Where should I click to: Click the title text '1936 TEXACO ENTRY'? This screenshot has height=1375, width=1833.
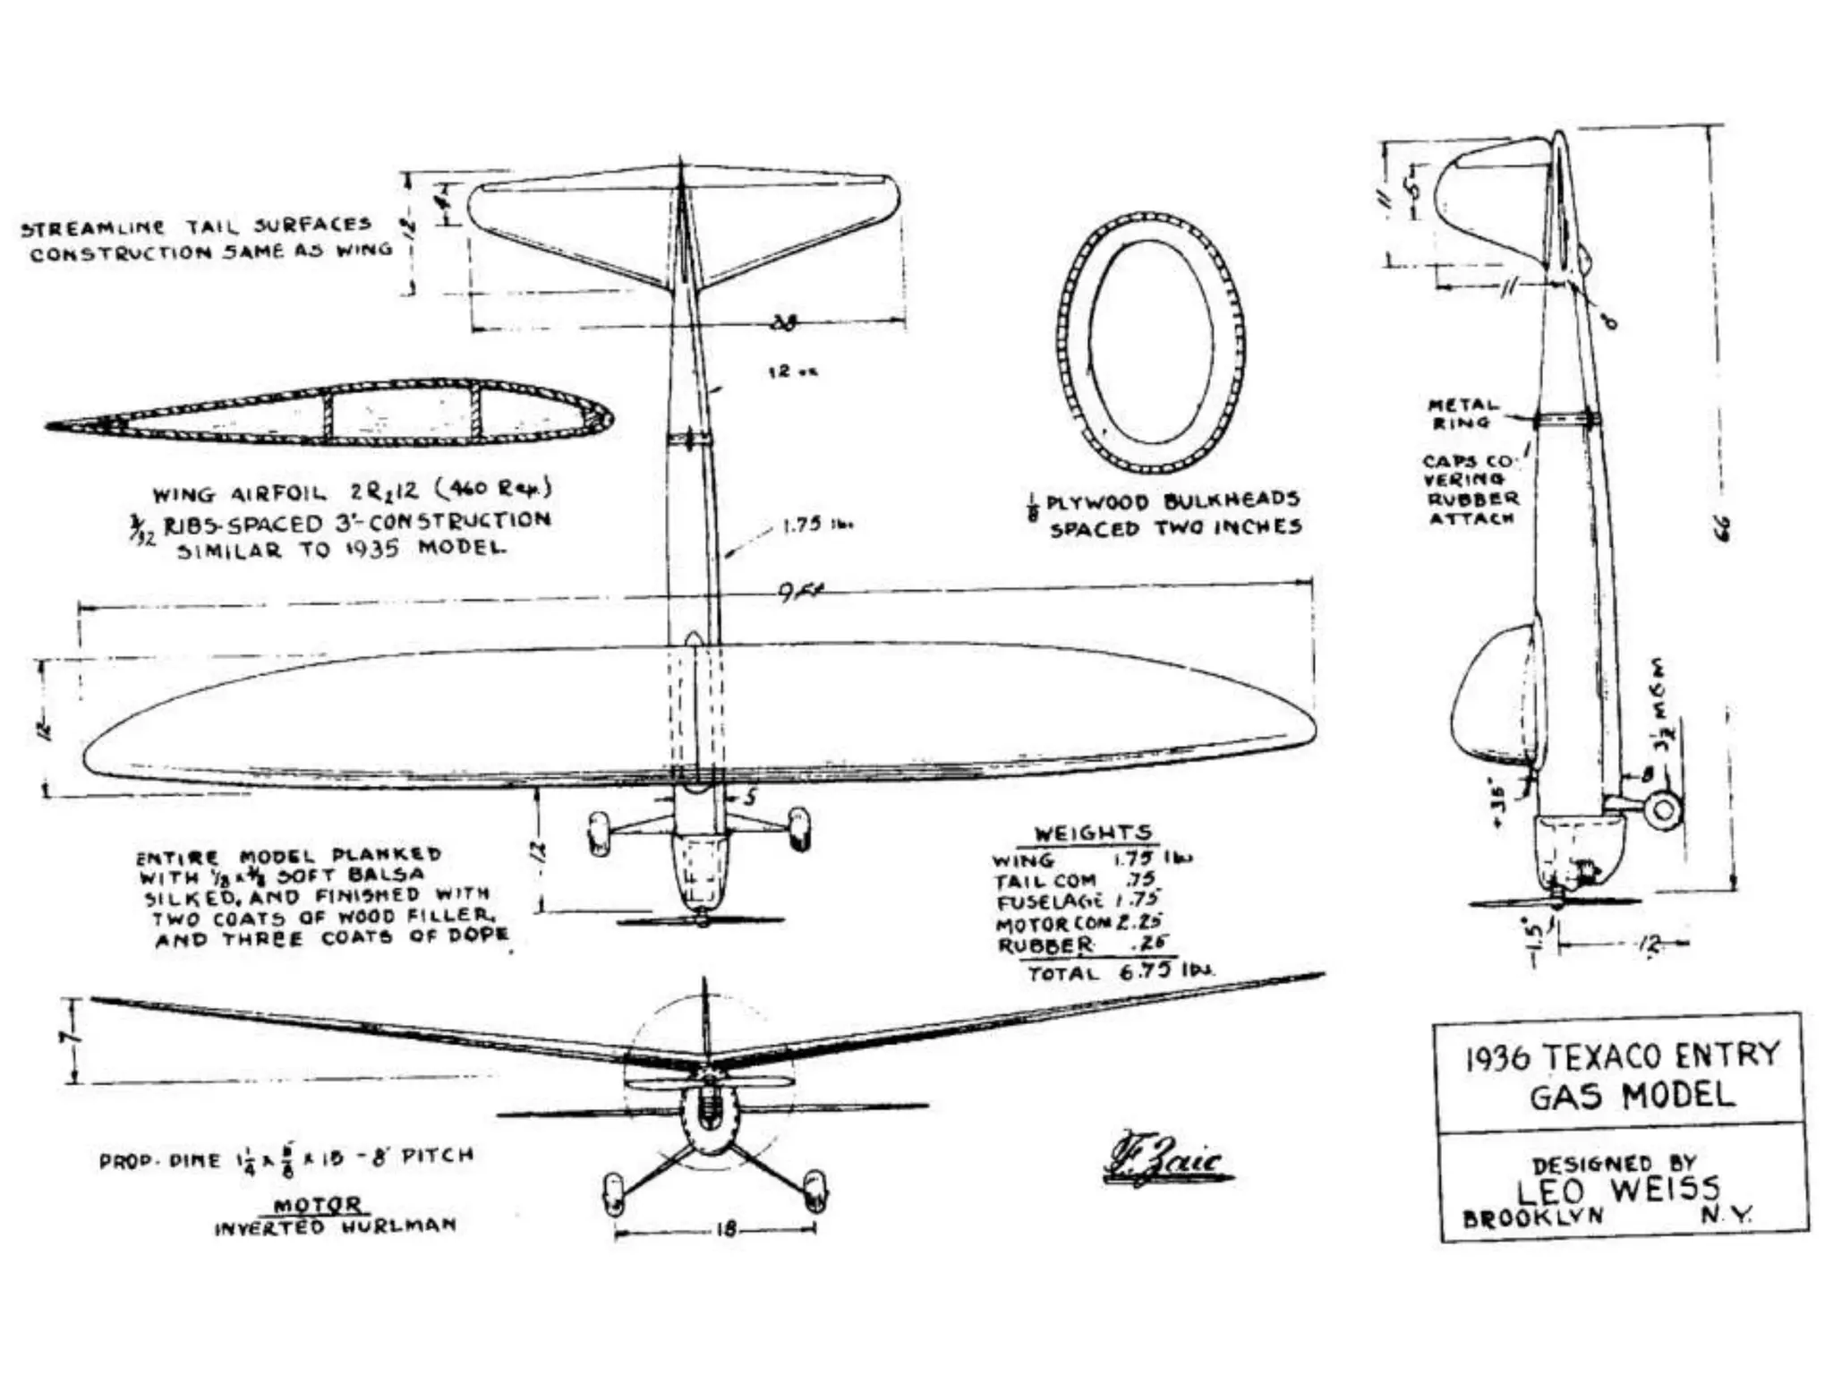(1621, 1056)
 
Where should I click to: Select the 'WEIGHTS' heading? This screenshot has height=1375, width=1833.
(1093, 833)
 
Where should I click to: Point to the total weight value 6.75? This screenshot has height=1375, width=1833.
(1146, 971)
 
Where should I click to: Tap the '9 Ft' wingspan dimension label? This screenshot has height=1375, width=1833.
(802, 592)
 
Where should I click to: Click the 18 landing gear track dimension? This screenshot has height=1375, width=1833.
(727, 1229)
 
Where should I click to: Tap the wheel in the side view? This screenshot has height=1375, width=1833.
(1663, 810)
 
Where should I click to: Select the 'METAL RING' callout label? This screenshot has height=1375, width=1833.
(1461, 413)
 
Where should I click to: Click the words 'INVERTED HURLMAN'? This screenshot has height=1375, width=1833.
(335, 1226)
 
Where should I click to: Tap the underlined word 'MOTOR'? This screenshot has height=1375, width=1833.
(318, 1205)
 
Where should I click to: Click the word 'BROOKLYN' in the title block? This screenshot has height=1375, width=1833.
(1533, 1218)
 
